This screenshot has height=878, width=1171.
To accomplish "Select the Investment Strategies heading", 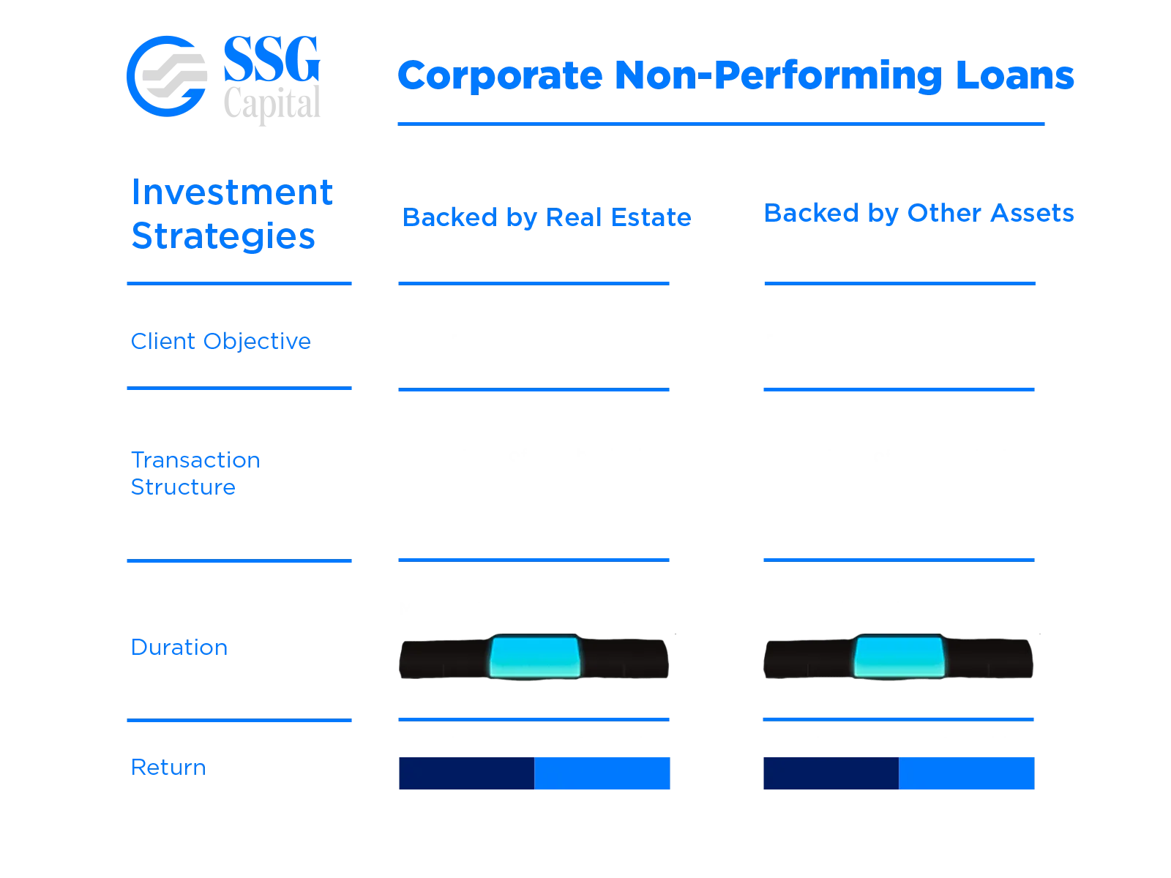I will click(x=231, y=214).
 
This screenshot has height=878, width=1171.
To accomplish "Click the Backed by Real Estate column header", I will click(x=547, y=217).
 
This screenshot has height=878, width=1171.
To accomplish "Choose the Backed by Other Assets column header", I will click(x=919, y=213).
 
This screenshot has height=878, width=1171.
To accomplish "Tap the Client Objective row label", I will click(x=220, y=341).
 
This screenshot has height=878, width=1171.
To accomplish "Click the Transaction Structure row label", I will click(x=196, y=473).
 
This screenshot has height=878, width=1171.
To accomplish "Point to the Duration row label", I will click(x=179, y=647).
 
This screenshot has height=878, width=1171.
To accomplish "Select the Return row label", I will click(x=167, y=768).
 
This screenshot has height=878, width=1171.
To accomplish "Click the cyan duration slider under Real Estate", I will click(x=534, y=656).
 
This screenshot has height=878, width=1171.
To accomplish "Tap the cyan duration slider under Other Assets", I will click(x=899, y=656).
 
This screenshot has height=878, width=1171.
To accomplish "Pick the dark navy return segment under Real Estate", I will click(x=466, y=773).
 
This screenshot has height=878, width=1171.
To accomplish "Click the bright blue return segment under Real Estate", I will click(x=603, y=773).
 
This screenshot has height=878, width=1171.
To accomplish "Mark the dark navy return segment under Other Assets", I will click(x=830, y=773).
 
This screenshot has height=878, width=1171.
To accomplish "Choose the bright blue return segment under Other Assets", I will click(x=967, y=773).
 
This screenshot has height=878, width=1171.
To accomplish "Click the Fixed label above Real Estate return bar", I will click(x=430, y=744).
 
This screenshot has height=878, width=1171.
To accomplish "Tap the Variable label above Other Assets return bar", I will click(x=981, y=744).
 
